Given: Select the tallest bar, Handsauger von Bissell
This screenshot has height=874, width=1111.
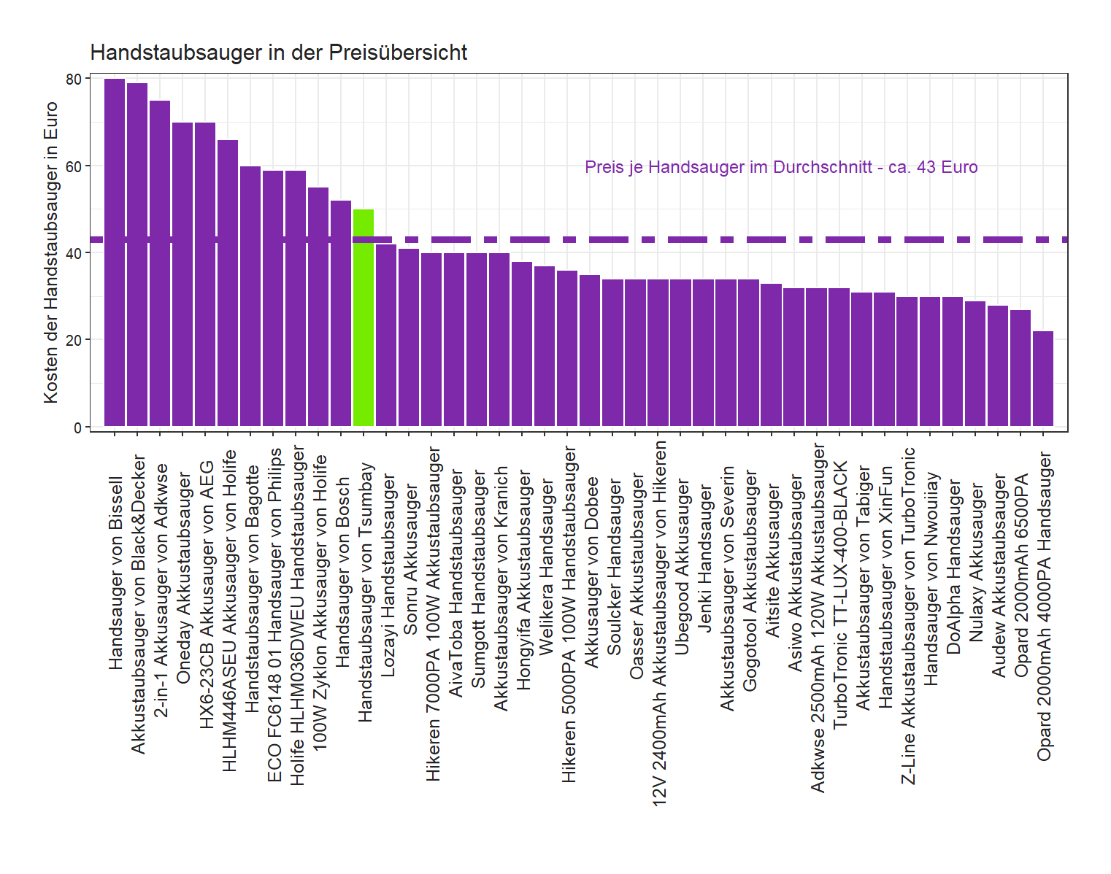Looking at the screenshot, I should coord(115,252).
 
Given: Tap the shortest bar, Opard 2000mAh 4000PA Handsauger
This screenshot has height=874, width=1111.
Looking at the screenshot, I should coord(1043,379).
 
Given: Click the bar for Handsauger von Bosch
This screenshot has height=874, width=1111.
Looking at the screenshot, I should coord(341,313).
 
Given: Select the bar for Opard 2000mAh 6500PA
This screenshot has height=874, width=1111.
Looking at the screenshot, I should coord(1020,368).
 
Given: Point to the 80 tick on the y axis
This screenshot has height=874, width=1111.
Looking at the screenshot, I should coord(74,79).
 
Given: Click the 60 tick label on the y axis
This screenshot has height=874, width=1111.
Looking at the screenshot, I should coord(74,166).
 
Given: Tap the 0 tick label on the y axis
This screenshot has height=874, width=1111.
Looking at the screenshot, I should coord(77,428).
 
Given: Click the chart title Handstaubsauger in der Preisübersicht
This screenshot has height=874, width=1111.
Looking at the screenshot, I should coord(278,53).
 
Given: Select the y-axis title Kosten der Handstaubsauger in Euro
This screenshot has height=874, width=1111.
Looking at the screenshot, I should coord(50,252).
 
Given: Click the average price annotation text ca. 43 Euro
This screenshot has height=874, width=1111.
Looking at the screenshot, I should coord(781,167).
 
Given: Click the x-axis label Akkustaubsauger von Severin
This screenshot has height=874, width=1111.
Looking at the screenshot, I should coord(727,588).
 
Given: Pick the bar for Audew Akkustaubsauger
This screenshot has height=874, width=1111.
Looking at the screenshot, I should coord(998,366).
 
